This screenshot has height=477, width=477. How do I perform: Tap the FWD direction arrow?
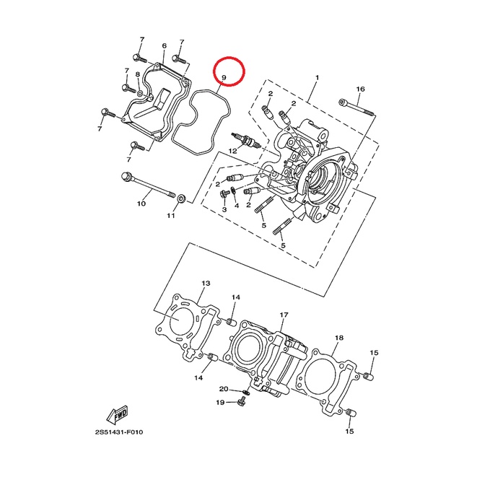pos(117,415)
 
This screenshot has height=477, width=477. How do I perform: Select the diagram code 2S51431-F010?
pos(118,432)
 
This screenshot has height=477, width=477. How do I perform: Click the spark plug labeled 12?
pos(246,140)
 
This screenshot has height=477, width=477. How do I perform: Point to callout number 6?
pos(165,46)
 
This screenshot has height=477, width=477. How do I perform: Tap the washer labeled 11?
pos(182,199)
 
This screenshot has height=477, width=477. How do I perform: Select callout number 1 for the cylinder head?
pos(318,78)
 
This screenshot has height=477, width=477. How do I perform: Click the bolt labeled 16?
pos(356,108)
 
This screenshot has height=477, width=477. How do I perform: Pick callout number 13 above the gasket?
pos(206,283)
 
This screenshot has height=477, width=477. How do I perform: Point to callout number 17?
pos(284,315)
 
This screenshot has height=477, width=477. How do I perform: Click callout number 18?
pos(339,338)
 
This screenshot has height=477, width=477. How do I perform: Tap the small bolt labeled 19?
pos(242,401)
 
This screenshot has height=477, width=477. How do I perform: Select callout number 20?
pos(224,389)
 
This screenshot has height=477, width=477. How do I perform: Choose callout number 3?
pos(224,209)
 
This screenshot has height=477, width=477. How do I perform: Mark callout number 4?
pos(237,206)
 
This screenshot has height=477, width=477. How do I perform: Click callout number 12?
pos(232,151)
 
